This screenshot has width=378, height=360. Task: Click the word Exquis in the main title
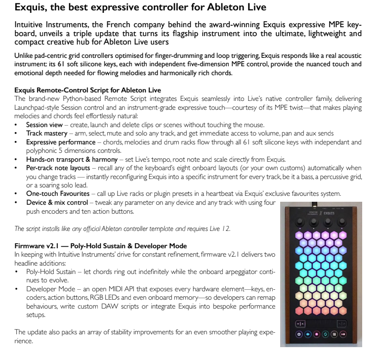[31, 7]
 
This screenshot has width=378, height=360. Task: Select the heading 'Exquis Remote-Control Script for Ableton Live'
[87, 90]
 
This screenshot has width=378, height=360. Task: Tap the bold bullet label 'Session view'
[44, 125]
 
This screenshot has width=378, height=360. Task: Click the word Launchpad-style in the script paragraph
[40, 107]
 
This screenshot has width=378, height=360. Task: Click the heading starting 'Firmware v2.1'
[101, 245]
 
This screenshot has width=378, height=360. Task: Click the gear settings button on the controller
[298, 334]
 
